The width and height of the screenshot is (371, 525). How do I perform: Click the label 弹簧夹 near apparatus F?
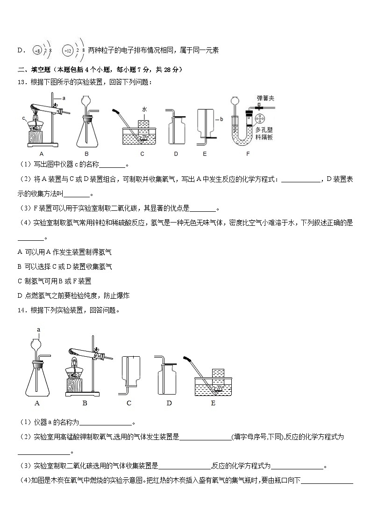click(x=264, y=98)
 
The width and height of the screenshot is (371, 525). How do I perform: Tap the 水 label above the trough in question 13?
click(x=145, y=109)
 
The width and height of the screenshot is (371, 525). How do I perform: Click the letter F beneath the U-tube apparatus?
click(x=248, y=154)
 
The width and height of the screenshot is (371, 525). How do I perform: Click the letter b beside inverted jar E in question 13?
click(x=221, y=119)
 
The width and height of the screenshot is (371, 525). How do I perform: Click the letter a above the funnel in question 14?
click(x=39, y=330)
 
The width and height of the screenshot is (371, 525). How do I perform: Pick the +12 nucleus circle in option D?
click(x=67, y=50)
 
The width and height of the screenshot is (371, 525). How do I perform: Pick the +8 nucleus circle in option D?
click(x=37, y=50)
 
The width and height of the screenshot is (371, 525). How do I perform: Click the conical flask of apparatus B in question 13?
click(x=87, y=131)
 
